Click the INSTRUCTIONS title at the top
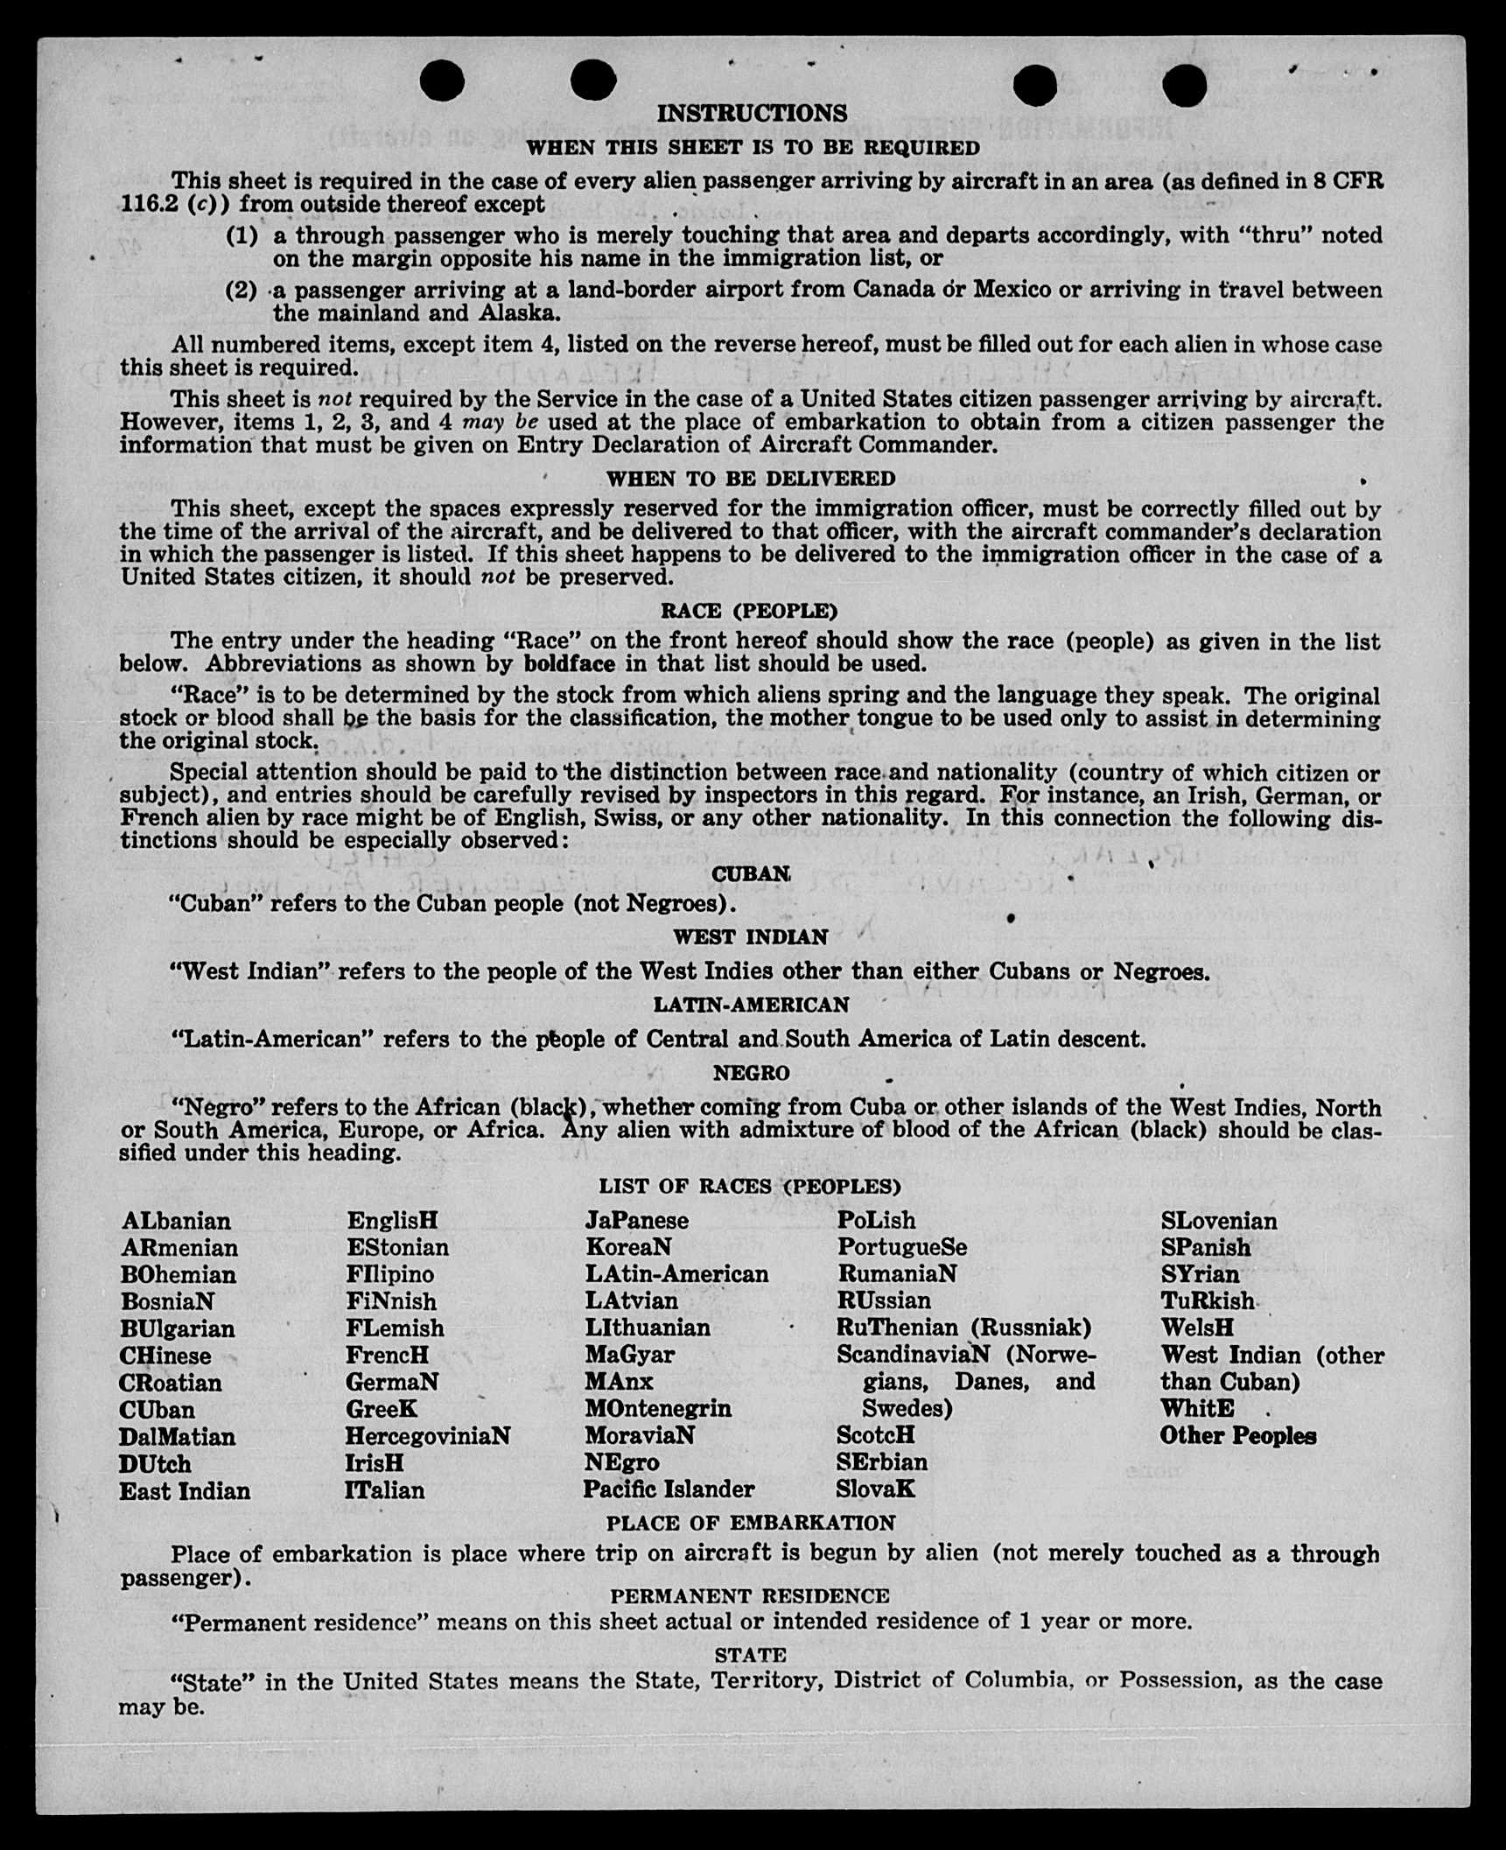(x=752, y=114)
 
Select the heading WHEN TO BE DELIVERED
(x=751, y=479)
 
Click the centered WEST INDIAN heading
(x=750, y=937)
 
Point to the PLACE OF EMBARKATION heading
(x=751, y=1524)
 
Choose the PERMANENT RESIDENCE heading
(x=750, y=1596)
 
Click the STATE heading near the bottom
(x=750, y=1655)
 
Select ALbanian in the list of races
(x=177, y=1221)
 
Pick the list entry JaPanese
(x=637, y=1221)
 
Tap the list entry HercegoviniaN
(x=428, y=1436)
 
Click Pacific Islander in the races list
(x=669, y=1489)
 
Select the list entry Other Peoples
(x=1238, y=1436)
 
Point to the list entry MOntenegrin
(x=658, y=1409)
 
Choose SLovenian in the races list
(x=1219, y=1221)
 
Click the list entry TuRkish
(x=1208, y=1301)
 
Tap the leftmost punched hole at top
(x=442, y=81)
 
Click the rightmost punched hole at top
(x=1185, y=85)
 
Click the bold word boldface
(x=570, y=663)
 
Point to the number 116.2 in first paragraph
(x=147, y=205)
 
